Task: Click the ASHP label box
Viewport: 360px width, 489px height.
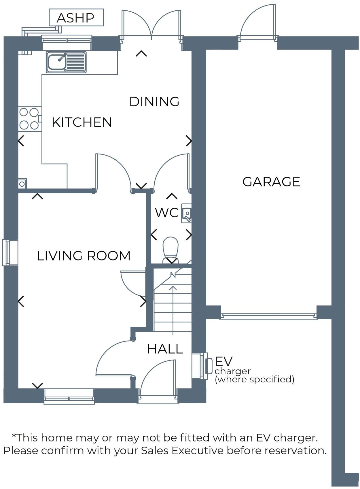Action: tap(76, 18)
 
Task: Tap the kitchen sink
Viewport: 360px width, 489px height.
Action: tap(66, 62)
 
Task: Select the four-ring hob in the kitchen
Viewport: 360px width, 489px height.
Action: tap(29, 118)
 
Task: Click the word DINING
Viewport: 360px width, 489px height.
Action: tap(154, 102)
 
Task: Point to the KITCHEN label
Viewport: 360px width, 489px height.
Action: tap(82, 122)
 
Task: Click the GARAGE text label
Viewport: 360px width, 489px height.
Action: tap(271, 182)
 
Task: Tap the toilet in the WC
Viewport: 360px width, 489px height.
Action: tap(170, 248)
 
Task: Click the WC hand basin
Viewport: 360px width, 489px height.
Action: tap(187, 214)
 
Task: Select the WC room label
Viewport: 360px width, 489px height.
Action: tap(166, 213)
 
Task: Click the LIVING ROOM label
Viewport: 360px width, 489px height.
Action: tap(84, 256)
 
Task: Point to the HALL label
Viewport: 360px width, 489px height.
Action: tap(165, 349)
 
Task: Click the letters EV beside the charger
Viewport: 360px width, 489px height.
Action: tap(224, 361)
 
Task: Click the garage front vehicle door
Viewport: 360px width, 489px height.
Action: tap(269, 316)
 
